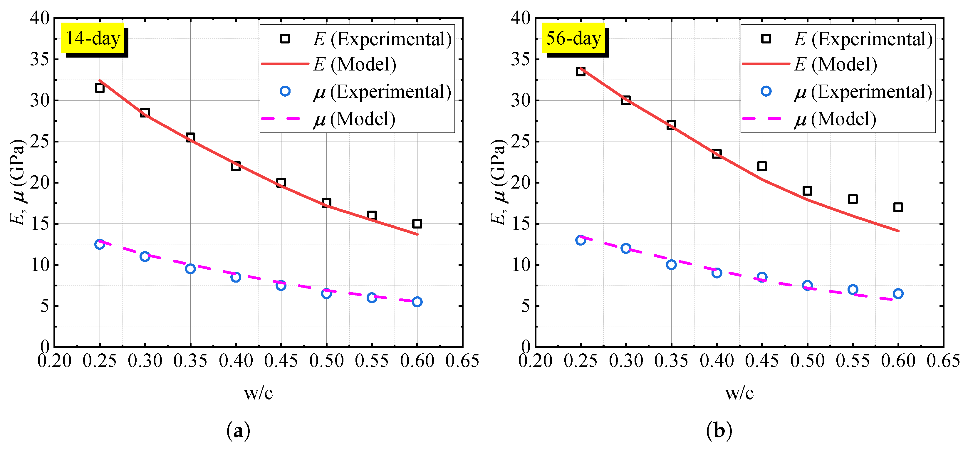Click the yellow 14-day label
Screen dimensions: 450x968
point(93,38)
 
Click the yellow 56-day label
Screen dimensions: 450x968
point(573,38)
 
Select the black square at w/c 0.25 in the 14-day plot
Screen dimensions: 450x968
point(100,88)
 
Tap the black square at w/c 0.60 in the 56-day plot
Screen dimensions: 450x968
point(898,207)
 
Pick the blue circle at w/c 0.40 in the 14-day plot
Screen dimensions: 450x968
point(236,277)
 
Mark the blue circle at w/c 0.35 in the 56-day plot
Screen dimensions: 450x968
point(671,265)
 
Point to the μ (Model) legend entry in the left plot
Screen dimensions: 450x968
point(354,119)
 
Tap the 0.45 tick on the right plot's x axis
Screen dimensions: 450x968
point(762,361)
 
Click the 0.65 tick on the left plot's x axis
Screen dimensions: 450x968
point(462,361)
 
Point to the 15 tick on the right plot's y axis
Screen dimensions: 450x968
point(521,224)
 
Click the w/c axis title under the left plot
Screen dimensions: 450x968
point(258,393)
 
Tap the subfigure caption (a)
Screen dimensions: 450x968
point(238,431)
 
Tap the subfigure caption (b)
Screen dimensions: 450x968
point(719,431)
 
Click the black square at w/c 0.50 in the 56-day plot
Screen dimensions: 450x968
point(807,191)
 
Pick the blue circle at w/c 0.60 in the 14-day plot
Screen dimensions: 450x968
point(417,302)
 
